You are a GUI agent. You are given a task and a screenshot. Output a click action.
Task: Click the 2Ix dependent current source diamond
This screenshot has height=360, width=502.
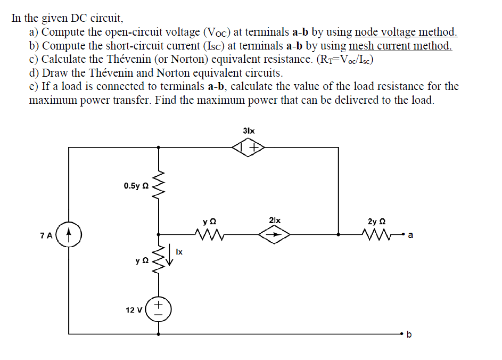coord(275,234)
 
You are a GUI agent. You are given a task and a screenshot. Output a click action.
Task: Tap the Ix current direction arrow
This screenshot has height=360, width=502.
coord(170,253)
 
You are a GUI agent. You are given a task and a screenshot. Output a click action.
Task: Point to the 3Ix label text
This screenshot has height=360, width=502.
coord(249,130)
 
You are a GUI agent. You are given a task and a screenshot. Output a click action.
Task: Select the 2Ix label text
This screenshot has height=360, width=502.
coord(275,220)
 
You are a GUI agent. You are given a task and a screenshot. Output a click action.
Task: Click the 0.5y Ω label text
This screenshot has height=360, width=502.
coord(135,186)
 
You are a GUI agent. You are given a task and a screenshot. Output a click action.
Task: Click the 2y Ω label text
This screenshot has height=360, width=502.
coord(376,220)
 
